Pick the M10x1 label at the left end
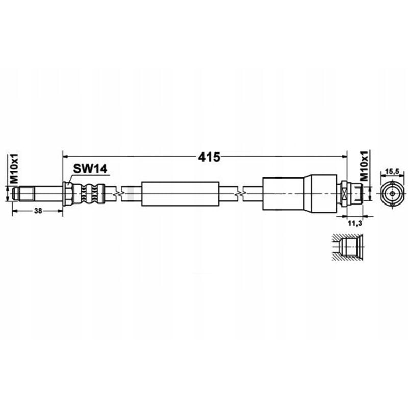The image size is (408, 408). [x=15, y=170]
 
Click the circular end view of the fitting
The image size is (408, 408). [x=391, y=194]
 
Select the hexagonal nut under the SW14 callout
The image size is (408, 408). [x=67, y=194]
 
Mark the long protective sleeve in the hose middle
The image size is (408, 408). [x=181, y=194]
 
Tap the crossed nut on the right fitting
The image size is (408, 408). [x=345, y=194]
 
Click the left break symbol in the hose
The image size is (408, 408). [x=118, y=194]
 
